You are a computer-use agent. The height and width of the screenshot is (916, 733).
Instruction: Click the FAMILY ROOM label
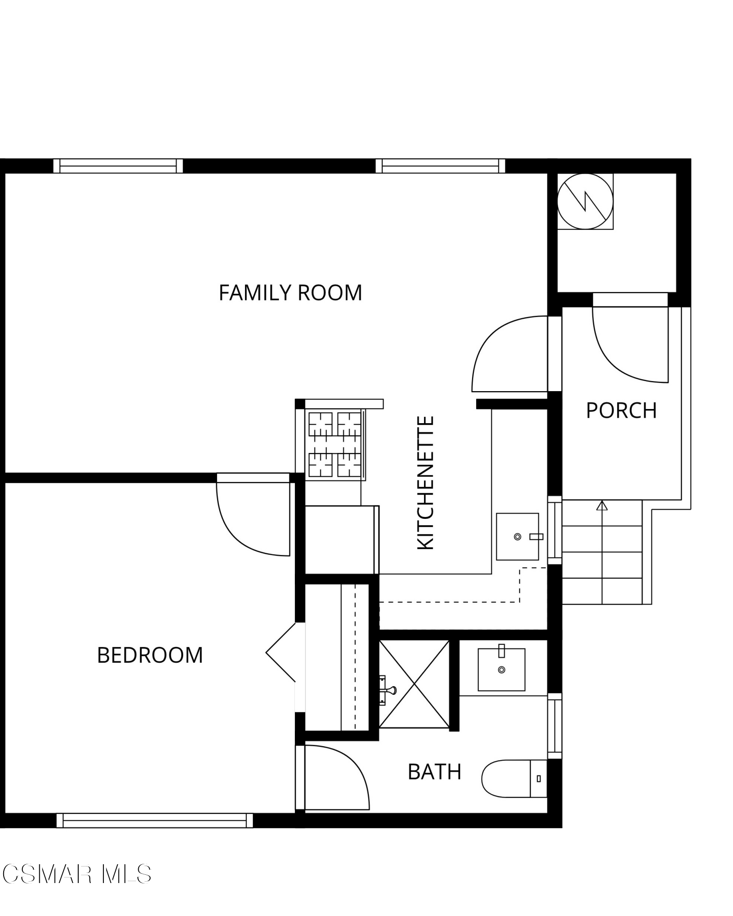[x=290, y=293]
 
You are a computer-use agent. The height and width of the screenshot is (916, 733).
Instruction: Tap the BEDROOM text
[x=150, y=655]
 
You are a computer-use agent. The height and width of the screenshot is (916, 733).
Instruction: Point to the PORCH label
[x=621, y=410]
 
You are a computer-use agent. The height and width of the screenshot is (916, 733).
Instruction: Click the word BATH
[x=434, y=772]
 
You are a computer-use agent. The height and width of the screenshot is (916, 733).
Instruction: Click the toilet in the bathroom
[x=513, y=779]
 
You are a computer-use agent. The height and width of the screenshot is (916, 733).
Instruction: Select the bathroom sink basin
[x=501, y=669]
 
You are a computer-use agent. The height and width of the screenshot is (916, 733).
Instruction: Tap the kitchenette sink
[x=517, y=536]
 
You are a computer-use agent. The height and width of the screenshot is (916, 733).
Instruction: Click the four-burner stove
[x=335, y=444]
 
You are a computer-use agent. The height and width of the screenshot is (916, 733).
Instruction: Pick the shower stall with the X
[x=414, y=684]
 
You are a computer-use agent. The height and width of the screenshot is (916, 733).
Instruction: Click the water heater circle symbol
[x=585, y=202]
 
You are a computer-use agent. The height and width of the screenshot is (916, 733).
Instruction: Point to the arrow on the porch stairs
[x=602, y=506]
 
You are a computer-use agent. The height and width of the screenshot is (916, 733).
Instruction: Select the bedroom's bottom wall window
[x=154, y=820]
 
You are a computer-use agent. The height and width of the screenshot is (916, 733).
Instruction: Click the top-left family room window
[x=118, y=166]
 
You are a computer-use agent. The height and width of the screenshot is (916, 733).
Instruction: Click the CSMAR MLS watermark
[x=76, y=874]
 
